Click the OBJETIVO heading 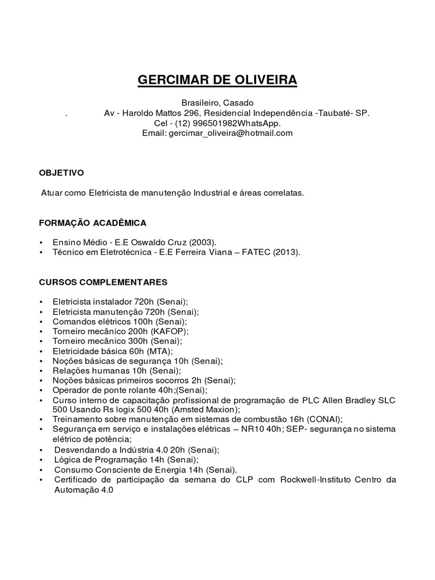tap(61, 172)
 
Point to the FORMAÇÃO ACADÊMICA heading tap(92, 223)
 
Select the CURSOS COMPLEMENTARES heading tap(103, 282)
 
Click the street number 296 tap(190, 113)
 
